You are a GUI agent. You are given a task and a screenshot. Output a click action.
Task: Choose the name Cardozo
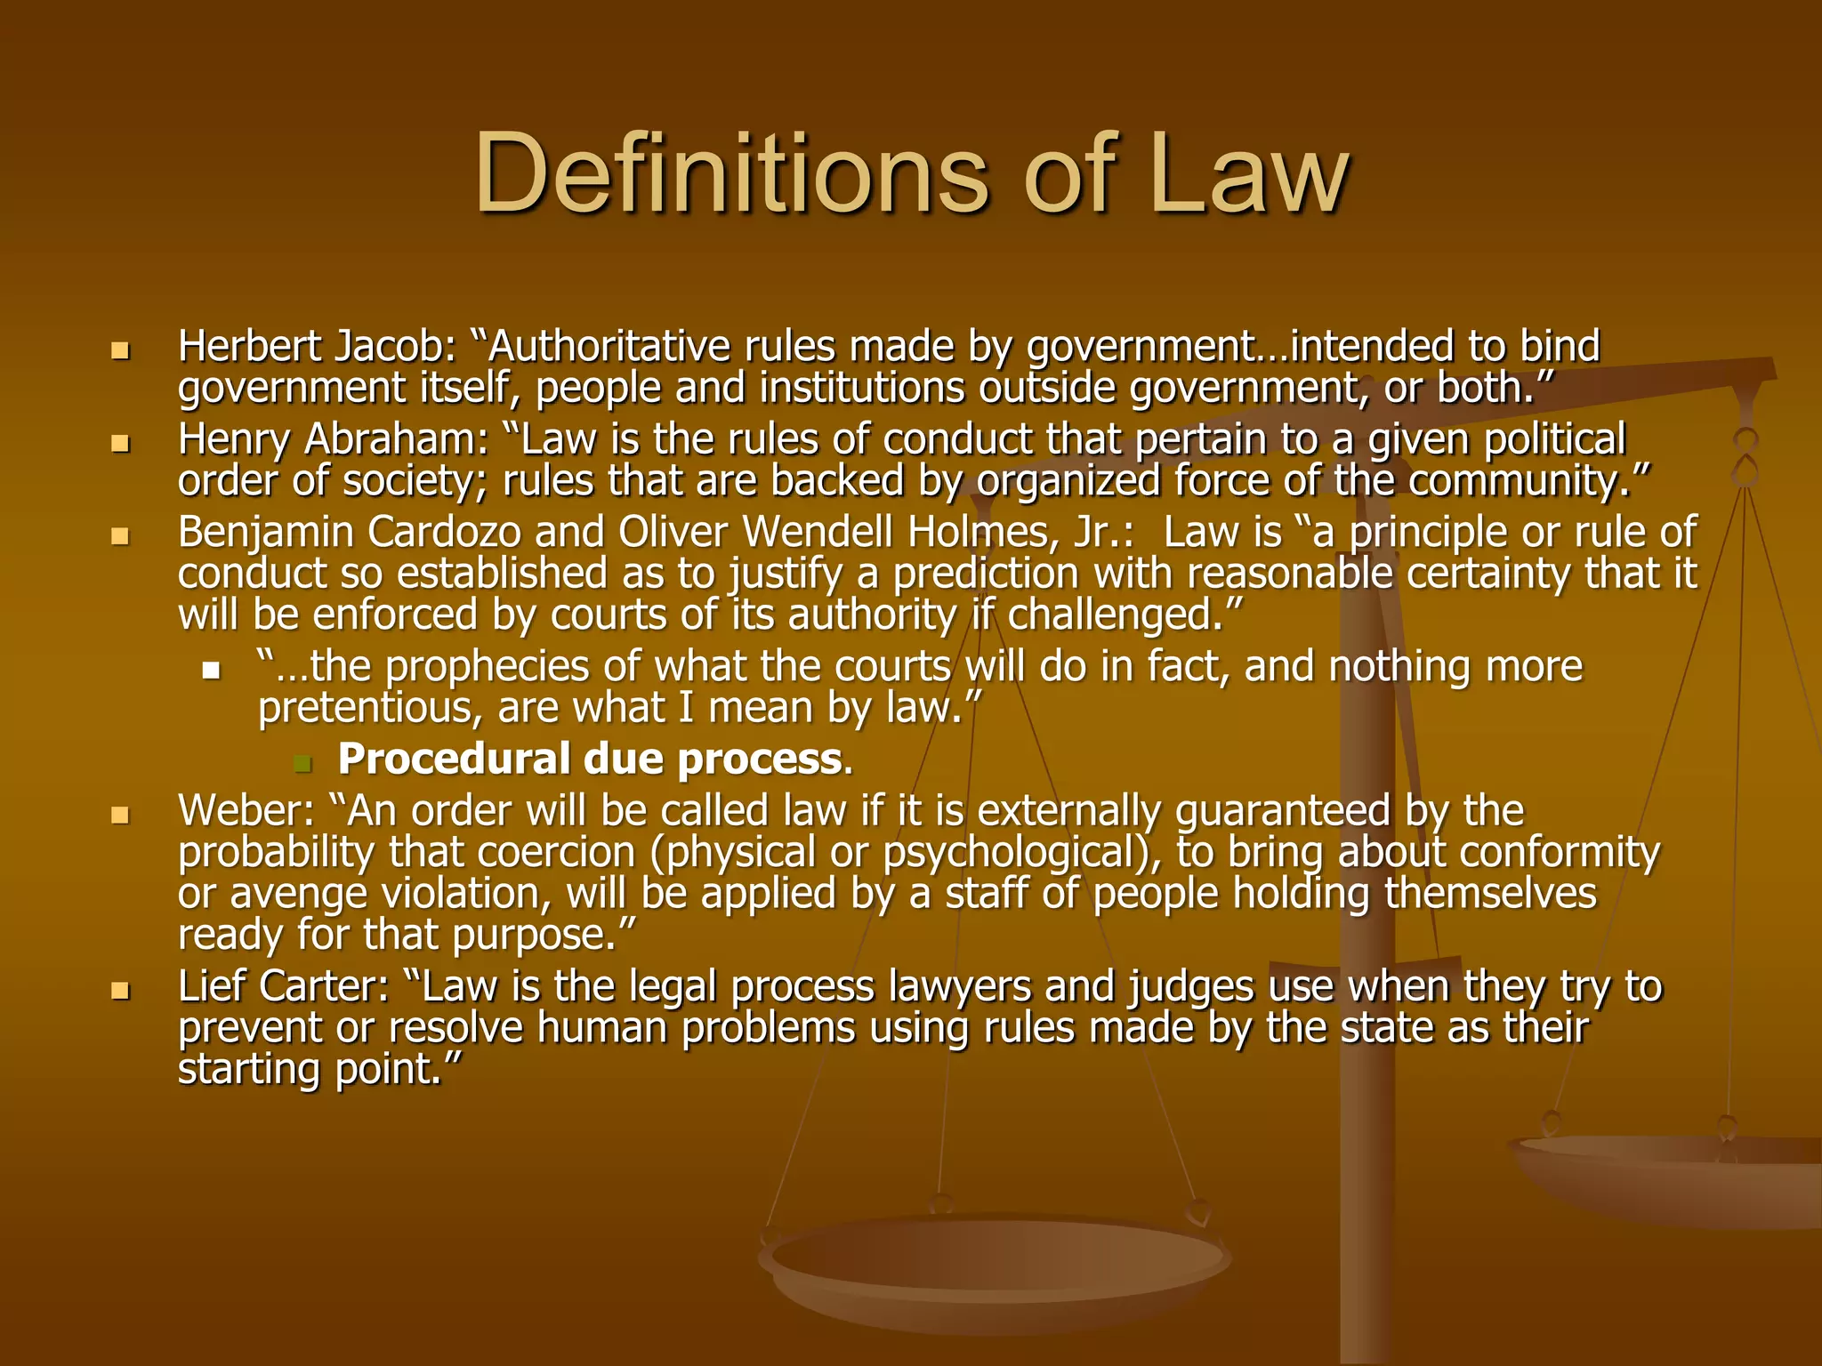pos(444,532)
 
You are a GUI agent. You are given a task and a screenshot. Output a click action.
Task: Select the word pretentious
pos(370,709)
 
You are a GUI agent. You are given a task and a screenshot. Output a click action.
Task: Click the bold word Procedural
pos(454,759)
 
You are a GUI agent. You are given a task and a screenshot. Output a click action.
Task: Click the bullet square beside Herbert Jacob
pos(120,350)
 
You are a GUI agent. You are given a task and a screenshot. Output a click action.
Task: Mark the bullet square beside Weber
pos(120,815)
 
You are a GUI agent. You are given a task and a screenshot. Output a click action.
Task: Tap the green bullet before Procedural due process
pos(302,763)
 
